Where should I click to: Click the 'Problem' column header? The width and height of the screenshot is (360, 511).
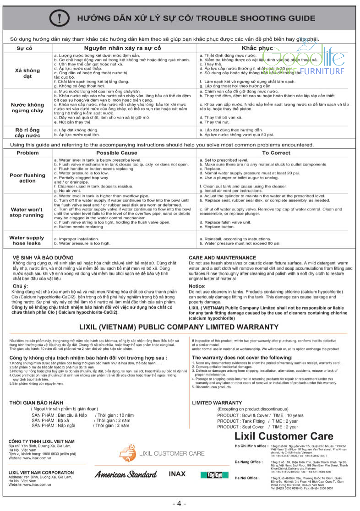27,152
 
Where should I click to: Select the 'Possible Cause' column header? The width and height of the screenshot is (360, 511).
116,152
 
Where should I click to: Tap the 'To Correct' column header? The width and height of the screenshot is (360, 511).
276,152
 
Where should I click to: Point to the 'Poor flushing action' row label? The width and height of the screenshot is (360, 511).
27,178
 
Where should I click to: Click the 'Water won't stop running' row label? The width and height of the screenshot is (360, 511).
27,212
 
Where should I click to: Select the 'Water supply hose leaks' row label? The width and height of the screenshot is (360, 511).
27,241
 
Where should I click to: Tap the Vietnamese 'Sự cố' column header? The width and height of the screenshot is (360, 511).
25,48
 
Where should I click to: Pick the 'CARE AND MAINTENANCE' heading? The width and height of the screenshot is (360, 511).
223,258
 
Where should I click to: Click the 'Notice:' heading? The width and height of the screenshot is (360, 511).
197,286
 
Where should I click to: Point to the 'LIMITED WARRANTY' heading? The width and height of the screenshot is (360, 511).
217,403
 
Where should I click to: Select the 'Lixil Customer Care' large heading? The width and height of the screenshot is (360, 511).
284,436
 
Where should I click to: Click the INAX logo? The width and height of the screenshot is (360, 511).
177,474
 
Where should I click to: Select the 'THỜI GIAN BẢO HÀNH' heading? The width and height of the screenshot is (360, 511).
37,403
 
